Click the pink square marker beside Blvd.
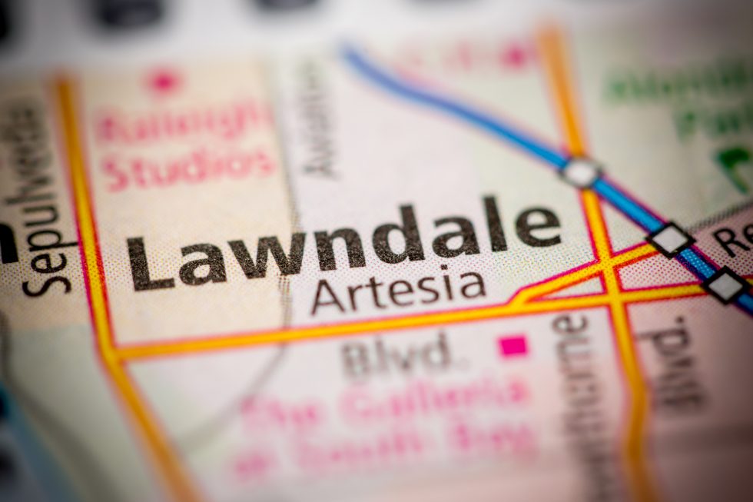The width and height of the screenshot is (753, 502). click(x=513, y=346)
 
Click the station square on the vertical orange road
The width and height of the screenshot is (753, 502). click(x=581, y=171)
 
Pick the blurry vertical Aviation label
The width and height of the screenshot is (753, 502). click(x=318, y=119)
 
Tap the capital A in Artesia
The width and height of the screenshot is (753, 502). click(x=328, y=297)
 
